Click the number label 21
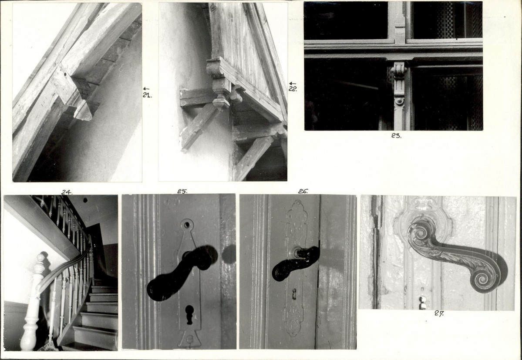(x=147, y=95)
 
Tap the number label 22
(x=293, y=89)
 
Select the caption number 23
(x=396, y=136)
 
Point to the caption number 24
(x=67, y=192)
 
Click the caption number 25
(x=182, y=191)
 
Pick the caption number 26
(x=303, y=191)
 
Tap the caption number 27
(x=439, y=313)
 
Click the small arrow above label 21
(x=146, y=88)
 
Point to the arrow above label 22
(x=293, y=83)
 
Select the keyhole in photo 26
(x=294, y=294)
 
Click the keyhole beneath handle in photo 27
(x=422, y=302)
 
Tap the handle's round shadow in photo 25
(x=229, y=254)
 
